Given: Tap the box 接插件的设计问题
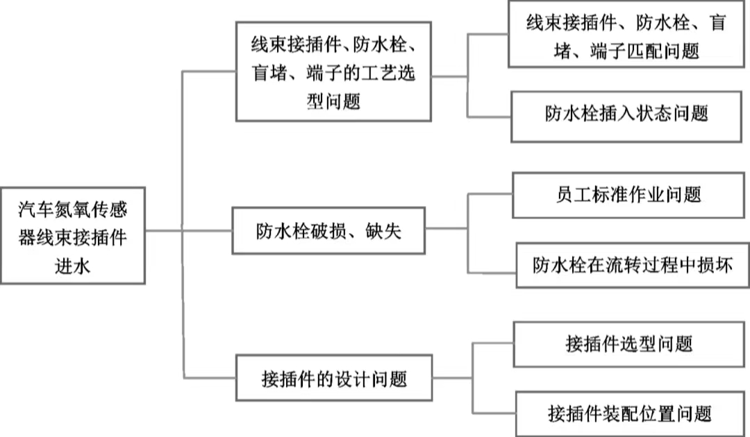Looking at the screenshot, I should (x=333, y=379).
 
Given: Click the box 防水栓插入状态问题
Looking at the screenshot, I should (x=626, y=114).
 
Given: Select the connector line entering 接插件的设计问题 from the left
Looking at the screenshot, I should (x=210, y=378).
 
